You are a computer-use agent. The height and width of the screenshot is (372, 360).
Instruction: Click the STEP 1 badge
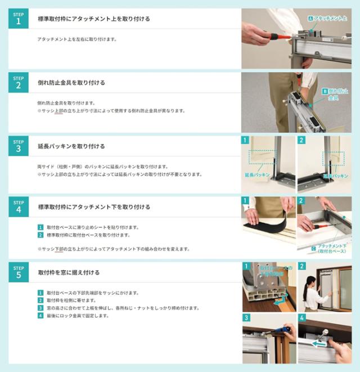pos(18,19)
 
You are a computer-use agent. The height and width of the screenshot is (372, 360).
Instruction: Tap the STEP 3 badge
pos(18,146)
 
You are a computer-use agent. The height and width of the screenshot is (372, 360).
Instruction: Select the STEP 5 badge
pos(18,272)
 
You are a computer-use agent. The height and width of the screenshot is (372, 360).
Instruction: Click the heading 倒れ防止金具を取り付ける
pos(71,83)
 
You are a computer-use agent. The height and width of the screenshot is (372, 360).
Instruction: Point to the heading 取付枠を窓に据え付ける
pos(69,272)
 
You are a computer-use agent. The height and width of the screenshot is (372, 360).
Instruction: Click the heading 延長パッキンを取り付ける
pos(71,146)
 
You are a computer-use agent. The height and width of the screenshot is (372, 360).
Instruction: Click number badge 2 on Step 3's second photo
pos(302,140)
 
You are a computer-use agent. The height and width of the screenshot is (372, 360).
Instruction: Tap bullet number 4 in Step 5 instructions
pos(40,316)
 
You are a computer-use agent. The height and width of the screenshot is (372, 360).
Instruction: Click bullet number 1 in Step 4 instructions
pos(40,227)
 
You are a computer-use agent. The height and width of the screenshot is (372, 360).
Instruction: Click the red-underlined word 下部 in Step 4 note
pos(60,249)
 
